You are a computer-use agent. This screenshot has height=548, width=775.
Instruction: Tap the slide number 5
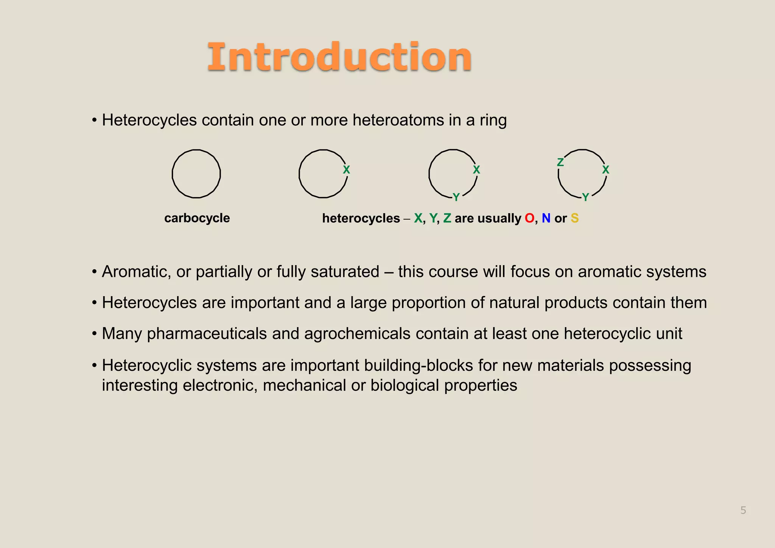[x=743, y=511]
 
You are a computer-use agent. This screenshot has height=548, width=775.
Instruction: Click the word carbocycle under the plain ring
[x=197, y=218]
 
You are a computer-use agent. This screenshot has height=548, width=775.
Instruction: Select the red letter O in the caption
[x=529, y=218]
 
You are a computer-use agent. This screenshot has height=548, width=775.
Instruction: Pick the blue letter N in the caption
[x=546, y=218]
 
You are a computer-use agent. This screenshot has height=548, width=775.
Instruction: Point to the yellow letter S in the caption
[x=574, y=218]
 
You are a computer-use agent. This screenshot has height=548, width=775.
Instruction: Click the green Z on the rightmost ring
[x=560, y=162]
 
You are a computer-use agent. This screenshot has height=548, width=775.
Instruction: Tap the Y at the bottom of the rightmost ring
[x=585, y=197]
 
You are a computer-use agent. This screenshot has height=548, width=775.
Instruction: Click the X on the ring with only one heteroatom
[x=346, y=170]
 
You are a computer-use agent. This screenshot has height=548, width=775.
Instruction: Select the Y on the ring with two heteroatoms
[x=456, y=197]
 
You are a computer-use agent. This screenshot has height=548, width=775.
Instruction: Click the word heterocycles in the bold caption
[x=361, y=218]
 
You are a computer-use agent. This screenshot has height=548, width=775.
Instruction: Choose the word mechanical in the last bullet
[x=304, y=385]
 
